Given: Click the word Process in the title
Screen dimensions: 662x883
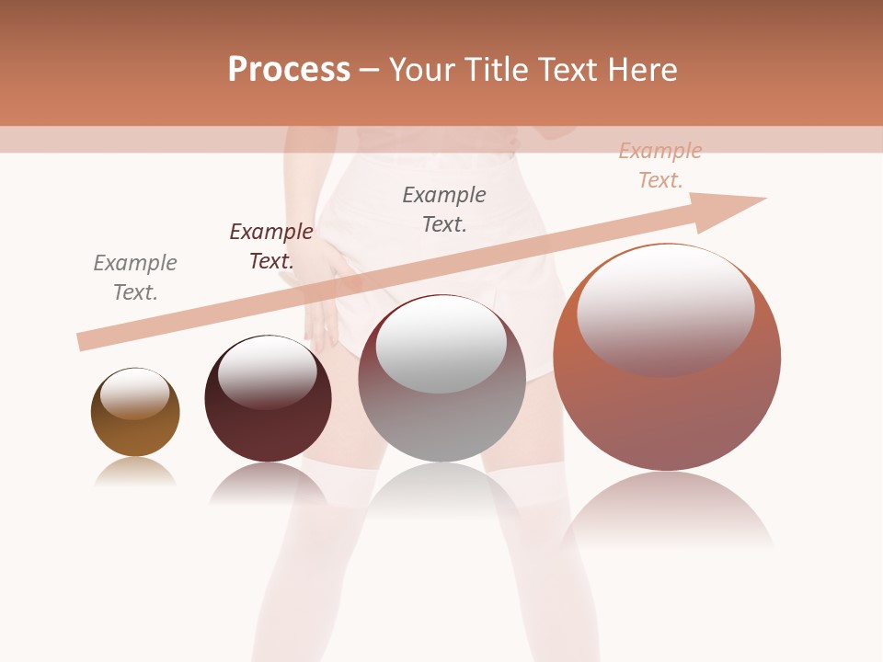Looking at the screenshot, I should (x=289, y=70).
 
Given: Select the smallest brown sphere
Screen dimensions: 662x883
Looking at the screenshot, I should (x=135, y=423).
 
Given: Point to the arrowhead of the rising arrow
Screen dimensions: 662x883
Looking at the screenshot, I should (x=736, y=208).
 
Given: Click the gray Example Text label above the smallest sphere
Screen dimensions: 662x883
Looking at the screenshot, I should (x=135, y=278).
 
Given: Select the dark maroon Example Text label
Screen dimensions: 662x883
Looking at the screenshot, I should (x=271, y=246).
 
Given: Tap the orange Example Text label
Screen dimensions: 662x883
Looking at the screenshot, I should (x=660, y=165).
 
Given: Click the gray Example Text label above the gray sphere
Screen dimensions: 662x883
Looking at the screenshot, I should (x=444, y=209).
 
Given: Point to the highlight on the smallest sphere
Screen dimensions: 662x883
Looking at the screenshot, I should (x=135, y=394).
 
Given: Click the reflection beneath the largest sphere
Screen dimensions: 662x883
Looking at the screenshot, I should (x=667, y=510).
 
